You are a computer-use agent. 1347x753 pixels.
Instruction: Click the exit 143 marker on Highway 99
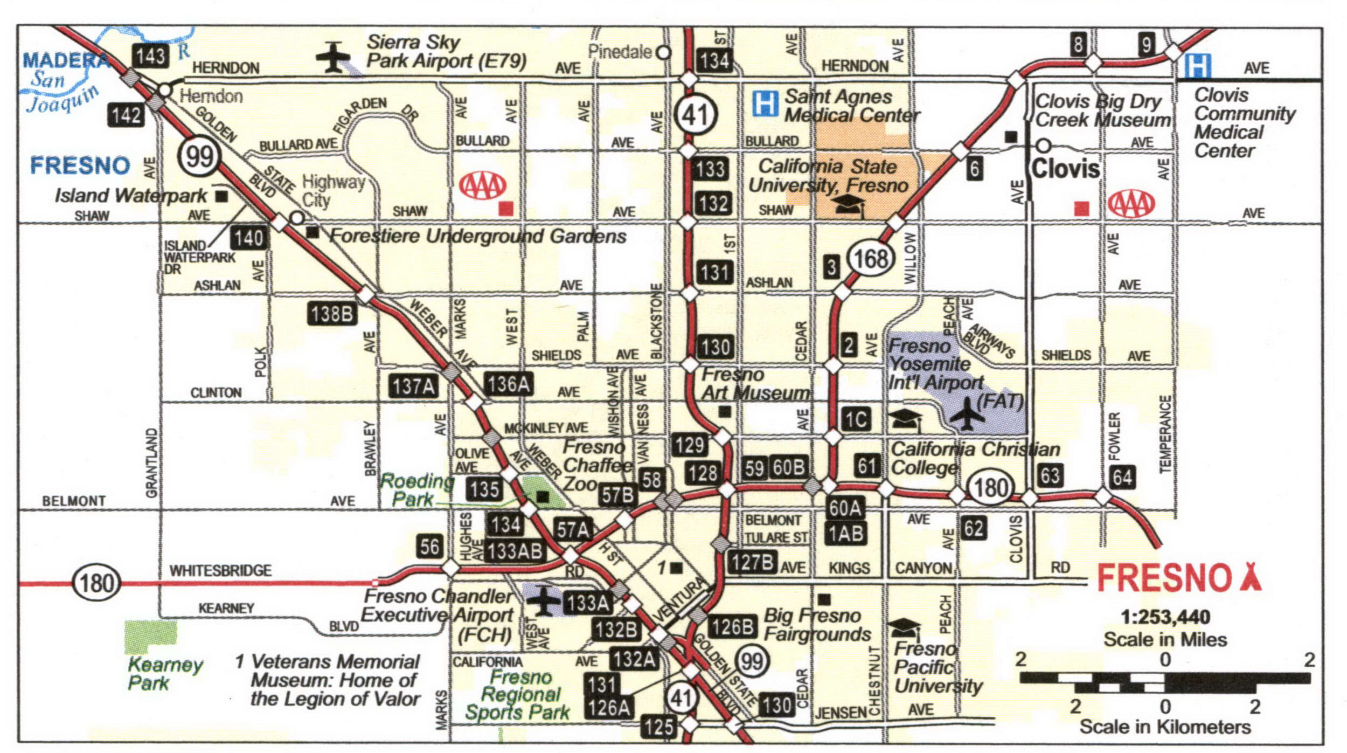pos(150,56)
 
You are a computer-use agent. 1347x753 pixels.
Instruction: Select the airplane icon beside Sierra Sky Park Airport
pos(333,57)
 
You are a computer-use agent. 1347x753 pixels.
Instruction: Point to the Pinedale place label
pos(620,52)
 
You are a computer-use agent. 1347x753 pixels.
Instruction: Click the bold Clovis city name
pos(1065,169)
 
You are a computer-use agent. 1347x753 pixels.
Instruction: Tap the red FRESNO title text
pos(1164,578)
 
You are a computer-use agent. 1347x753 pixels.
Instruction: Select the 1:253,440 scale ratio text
pos(1165,617)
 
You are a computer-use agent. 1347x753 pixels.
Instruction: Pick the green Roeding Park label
pos(416,490)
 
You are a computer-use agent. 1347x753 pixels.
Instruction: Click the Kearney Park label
pos(164,674)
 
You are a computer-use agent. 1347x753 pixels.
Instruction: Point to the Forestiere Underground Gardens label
pos(477,236)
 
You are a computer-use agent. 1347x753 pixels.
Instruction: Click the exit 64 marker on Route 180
pos(1122,477)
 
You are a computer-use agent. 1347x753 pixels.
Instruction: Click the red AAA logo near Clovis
pos(1131,204)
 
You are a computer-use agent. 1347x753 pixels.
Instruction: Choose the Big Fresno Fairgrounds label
pos(817,624)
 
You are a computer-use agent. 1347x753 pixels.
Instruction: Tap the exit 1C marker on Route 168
pos(856,419)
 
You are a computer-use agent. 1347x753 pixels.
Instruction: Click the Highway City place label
pos(332,191)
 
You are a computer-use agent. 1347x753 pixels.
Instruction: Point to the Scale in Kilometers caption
pos(1165,727)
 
